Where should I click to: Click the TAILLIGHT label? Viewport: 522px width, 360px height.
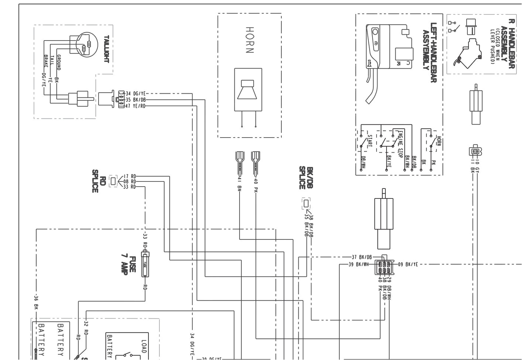tap(106, 49)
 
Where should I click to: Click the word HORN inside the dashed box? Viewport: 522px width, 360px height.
tap(249, 40)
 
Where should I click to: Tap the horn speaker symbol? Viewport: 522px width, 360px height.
tap(248, 89)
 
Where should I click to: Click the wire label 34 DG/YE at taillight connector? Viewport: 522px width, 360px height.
tap(135, 94)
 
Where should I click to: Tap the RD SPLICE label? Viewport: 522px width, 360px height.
tap(98, 181)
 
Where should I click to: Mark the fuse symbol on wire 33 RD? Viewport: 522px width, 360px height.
tap(145, 264)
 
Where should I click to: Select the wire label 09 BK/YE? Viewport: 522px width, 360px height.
tap(408, 264)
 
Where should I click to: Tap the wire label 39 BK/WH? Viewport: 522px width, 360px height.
tap(358, 264)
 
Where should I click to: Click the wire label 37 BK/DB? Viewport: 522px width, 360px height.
tap(361, 257)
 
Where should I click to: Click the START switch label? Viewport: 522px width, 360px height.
tap(370, 141)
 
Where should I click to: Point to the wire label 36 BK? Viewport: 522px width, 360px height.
tap(36, 301)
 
